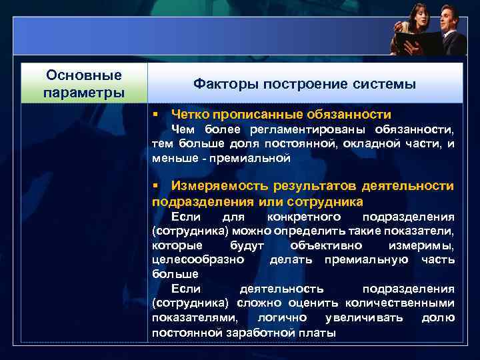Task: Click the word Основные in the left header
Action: coord(84,75)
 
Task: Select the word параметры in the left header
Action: coord(84,91)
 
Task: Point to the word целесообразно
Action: coord(198,259)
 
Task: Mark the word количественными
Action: coord(409,303)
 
